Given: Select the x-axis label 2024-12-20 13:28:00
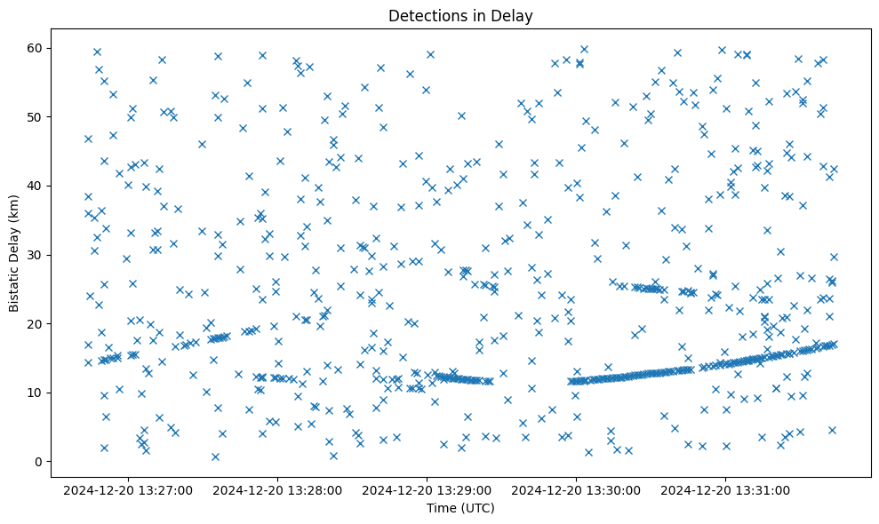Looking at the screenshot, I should click(278, 489).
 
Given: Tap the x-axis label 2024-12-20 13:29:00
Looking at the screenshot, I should click(428, 489).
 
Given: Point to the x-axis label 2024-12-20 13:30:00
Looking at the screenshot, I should click(576, 489).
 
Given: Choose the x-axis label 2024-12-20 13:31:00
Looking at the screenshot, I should click(725, 489).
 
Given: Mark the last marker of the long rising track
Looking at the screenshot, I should click(833, 344).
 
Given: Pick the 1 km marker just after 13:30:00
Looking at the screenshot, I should click(588, 452).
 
